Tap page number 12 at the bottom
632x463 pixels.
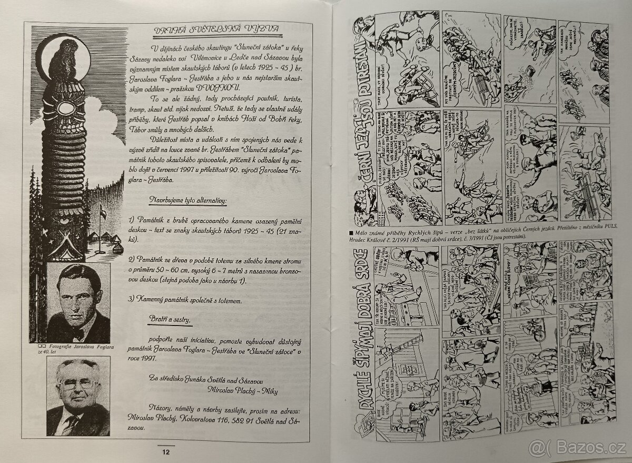coord(166,451)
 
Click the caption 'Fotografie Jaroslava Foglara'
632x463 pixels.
coord(81,346)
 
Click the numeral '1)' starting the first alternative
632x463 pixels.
coord(132,219)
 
